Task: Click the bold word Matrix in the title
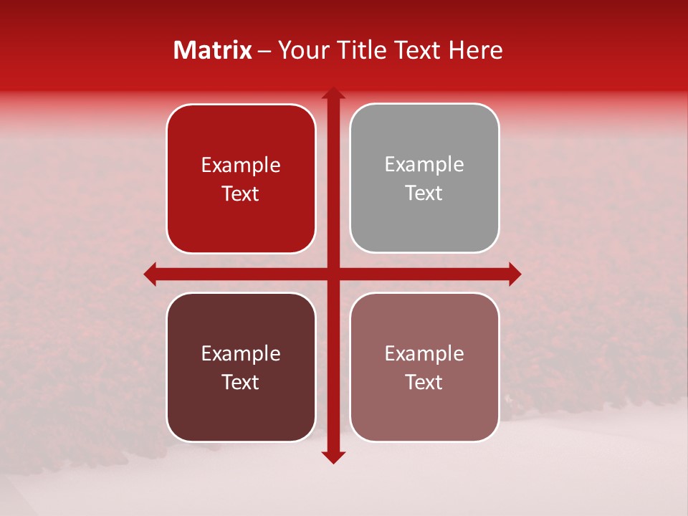213,50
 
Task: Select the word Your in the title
300,50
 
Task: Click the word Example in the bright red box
241,165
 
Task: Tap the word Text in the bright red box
241,193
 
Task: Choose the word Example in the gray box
424,164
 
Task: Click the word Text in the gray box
424,193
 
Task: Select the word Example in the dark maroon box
241,353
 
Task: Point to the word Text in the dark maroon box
241,382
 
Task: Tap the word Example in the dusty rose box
424,353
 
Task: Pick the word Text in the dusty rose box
424,382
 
